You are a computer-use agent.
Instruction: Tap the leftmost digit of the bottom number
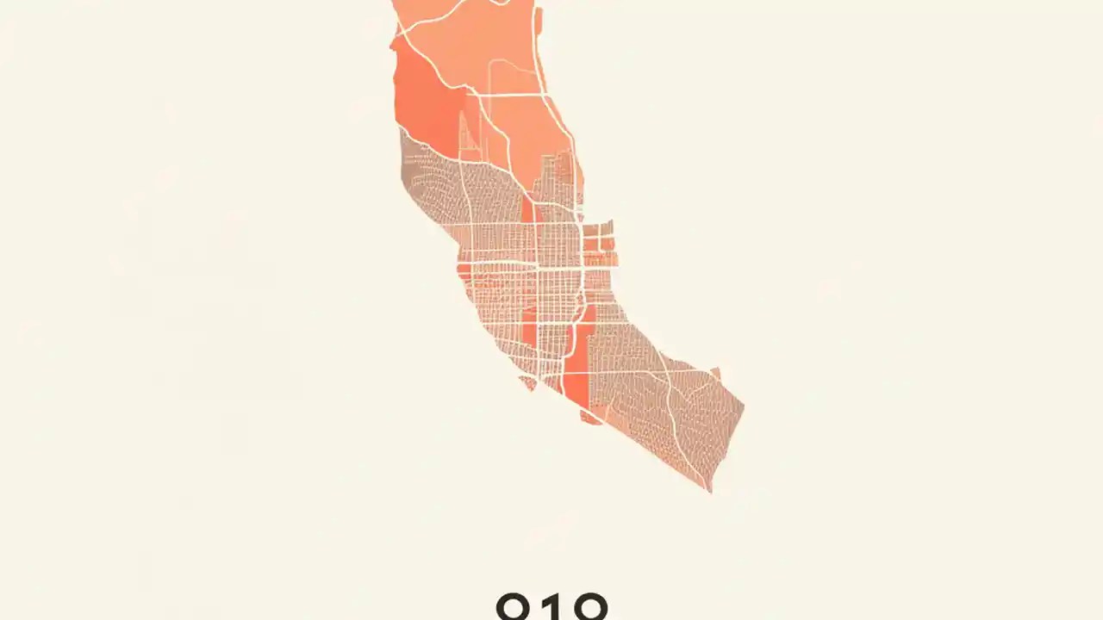pyautogui.click(x=515, y=606)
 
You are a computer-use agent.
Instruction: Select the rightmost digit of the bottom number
pyautogui.click(x=589, y=606)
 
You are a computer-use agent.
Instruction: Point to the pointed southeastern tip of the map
pyautogui.click(x=710, y=490)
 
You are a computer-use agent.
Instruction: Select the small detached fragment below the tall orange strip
pyautogui.click(x=591, y=418)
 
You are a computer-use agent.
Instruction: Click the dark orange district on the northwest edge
pyautogui.click(x=422, y=99)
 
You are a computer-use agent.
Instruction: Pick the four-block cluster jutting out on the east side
pyautogui.click(x=599, y=243)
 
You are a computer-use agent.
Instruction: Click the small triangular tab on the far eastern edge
pyautogui.click(x=715, y=373)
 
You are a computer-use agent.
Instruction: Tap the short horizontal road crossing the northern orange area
pyautogui.click(x=513, y=93)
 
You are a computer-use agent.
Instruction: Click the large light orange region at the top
pyautogui.click(x=483, y=34)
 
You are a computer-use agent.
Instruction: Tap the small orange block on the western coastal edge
pyautogui.click(x=464, y=272)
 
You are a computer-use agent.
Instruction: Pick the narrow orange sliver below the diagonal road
pyautogui.click(x=527, y=211)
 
